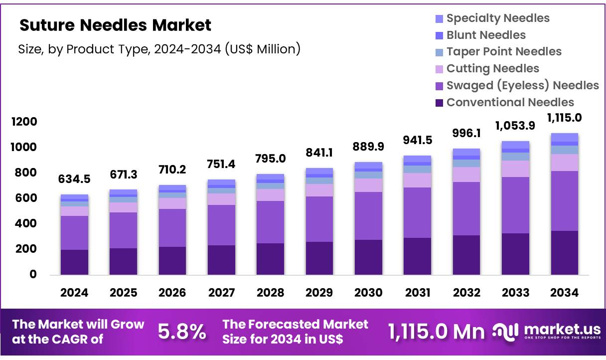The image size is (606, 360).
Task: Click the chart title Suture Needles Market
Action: (x=115, y=25)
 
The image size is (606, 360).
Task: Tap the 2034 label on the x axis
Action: (x=564, y=293)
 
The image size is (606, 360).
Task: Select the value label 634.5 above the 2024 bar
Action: (x=74, y=179)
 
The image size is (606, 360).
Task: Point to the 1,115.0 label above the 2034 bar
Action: (x=564, y=118)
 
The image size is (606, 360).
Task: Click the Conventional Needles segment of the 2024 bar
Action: (x=74, y=262)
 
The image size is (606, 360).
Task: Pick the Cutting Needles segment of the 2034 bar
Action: (x=564, y=162)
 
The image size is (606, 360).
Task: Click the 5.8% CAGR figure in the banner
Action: (x=182, y=332)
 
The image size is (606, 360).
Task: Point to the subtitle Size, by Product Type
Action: (x=159, y=49)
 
